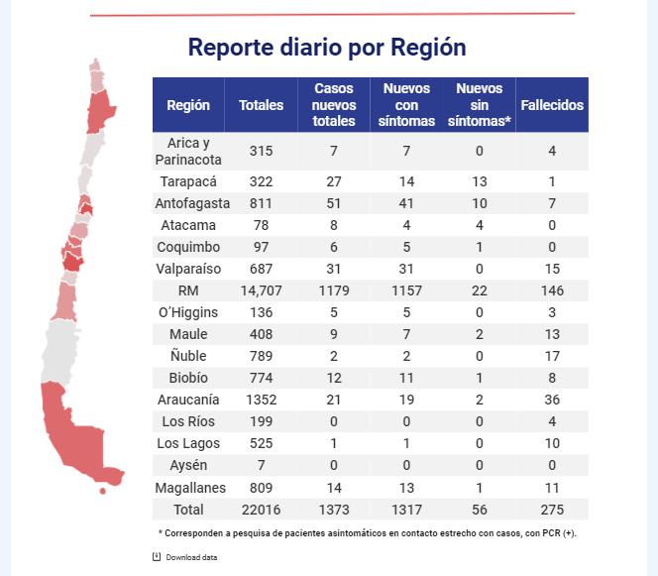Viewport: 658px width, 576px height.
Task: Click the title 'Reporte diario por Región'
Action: [327, 48]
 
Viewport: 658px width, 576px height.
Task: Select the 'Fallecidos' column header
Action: [552, 105]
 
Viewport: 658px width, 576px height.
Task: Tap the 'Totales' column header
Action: [261, 105]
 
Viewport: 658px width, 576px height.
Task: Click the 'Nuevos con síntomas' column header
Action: [406, 105]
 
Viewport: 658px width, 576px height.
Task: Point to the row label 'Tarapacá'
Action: [188, 181]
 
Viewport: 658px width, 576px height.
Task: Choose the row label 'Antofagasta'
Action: [188, 203]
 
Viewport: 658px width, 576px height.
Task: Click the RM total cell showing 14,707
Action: [261, 290]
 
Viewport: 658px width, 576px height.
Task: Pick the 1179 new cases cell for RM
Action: [333, 290]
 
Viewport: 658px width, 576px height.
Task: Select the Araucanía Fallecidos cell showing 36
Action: [552, 400]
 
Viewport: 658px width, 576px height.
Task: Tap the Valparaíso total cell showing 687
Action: [261, 269]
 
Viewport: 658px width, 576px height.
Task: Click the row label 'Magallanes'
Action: [188, 487]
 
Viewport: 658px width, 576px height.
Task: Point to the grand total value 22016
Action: [261, 509]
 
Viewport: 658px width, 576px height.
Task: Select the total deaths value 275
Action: [552, 509]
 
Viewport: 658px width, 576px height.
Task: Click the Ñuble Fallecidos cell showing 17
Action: [552, 356]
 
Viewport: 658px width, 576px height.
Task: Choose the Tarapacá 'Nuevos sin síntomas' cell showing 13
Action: [479, 181]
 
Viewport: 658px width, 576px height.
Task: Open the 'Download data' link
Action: [191, 557]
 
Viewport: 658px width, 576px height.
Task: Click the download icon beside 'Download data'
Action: [157, 556]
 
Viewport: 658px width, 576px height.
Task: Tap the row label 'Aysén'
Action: [188, 465]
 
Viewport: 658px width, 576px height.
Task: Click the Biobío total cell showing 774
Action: [261, 378]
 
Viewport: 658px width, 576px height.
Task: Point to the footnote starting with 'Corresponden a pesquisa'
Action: [367, 533]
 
